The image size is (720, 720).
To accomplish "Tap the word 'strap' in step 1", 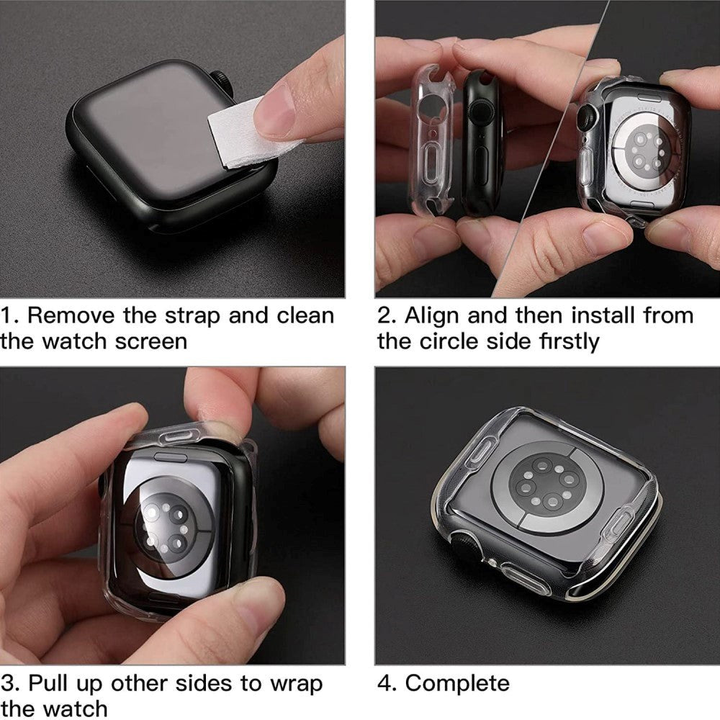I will click(x=187, y=315).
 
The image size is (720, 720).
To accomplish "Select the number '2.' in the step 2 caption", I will click(x=387, y=315).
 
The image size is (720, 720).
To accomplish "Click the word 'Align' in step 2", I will click(x=433, y=317).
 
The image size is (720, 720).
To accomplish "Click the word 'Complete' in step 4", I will click(x=457, y=683).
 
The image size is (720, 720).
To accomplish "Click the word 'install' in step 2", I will click(x=598, y=315).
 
